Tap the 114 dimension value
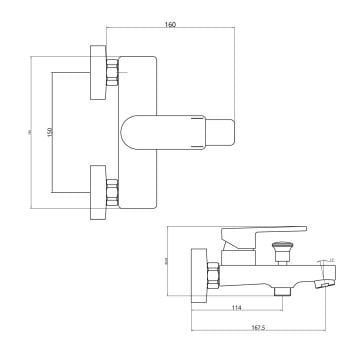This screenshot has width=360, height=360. tap(236, 307)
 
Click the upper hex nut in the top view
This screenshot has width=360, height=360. tap(113, 73)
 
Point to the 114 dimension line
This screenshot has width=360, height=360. tap(236, 300)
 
